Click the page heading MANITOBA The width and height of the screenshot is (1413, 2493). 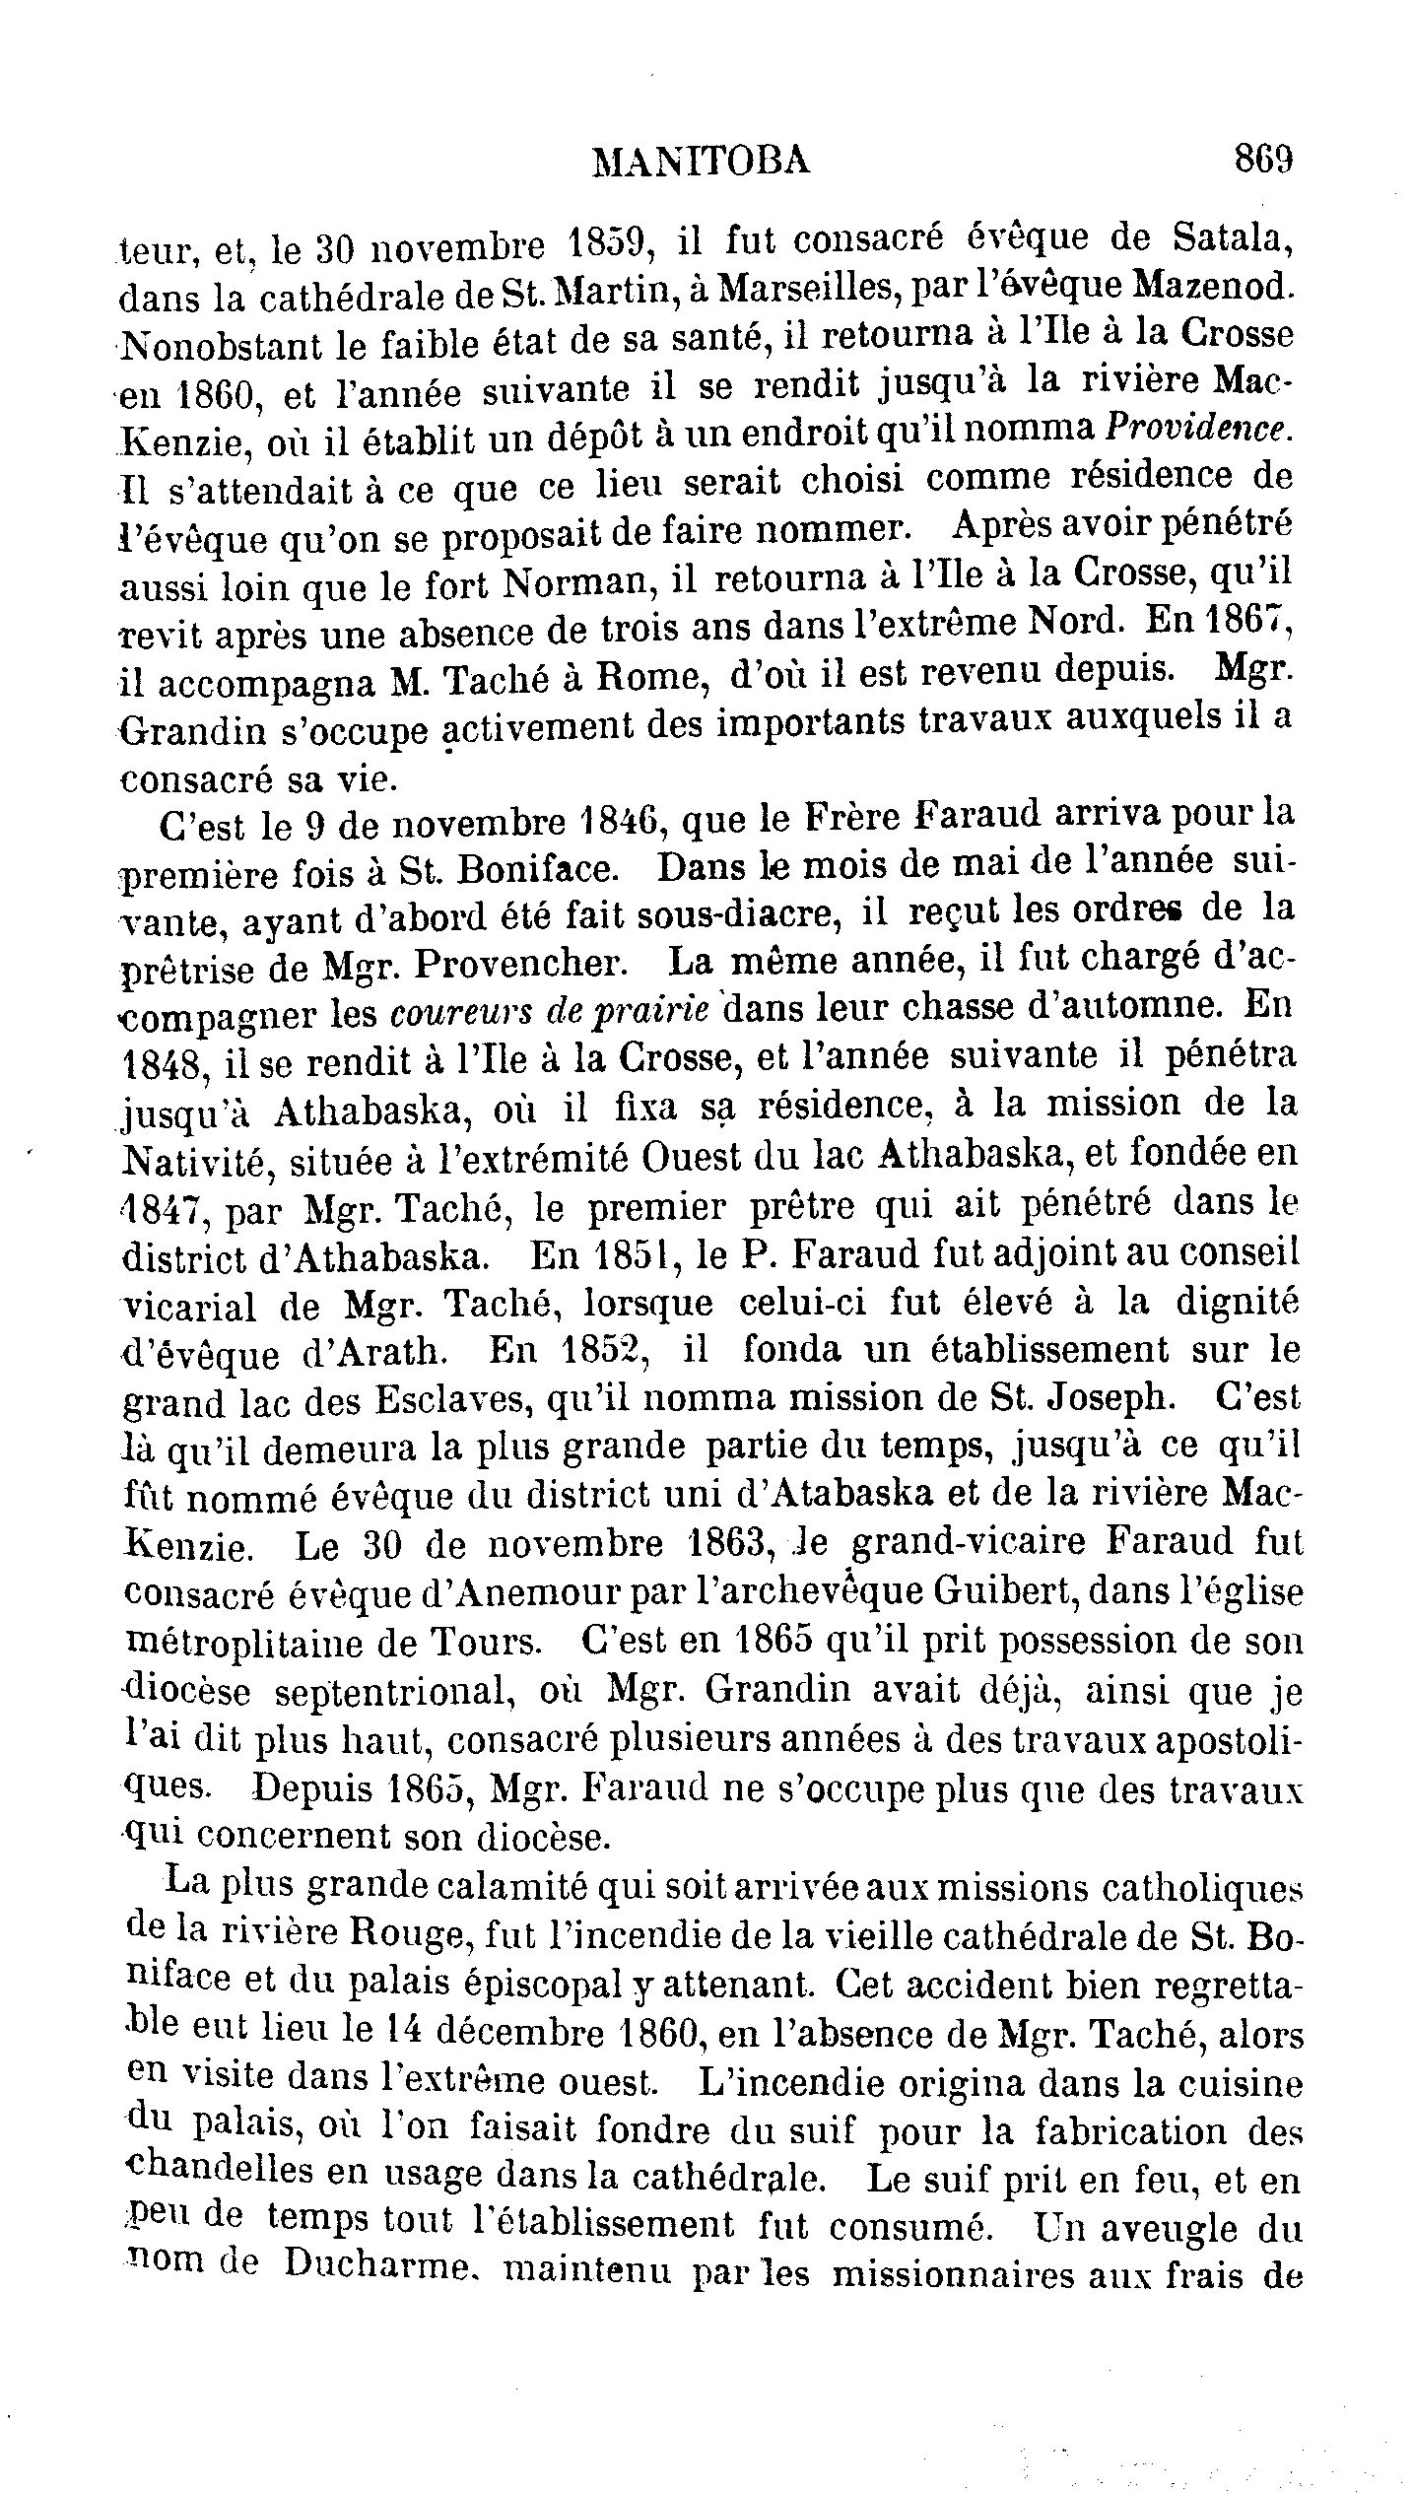701,160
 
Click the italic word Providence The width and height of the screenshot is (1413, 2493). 1195,429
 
